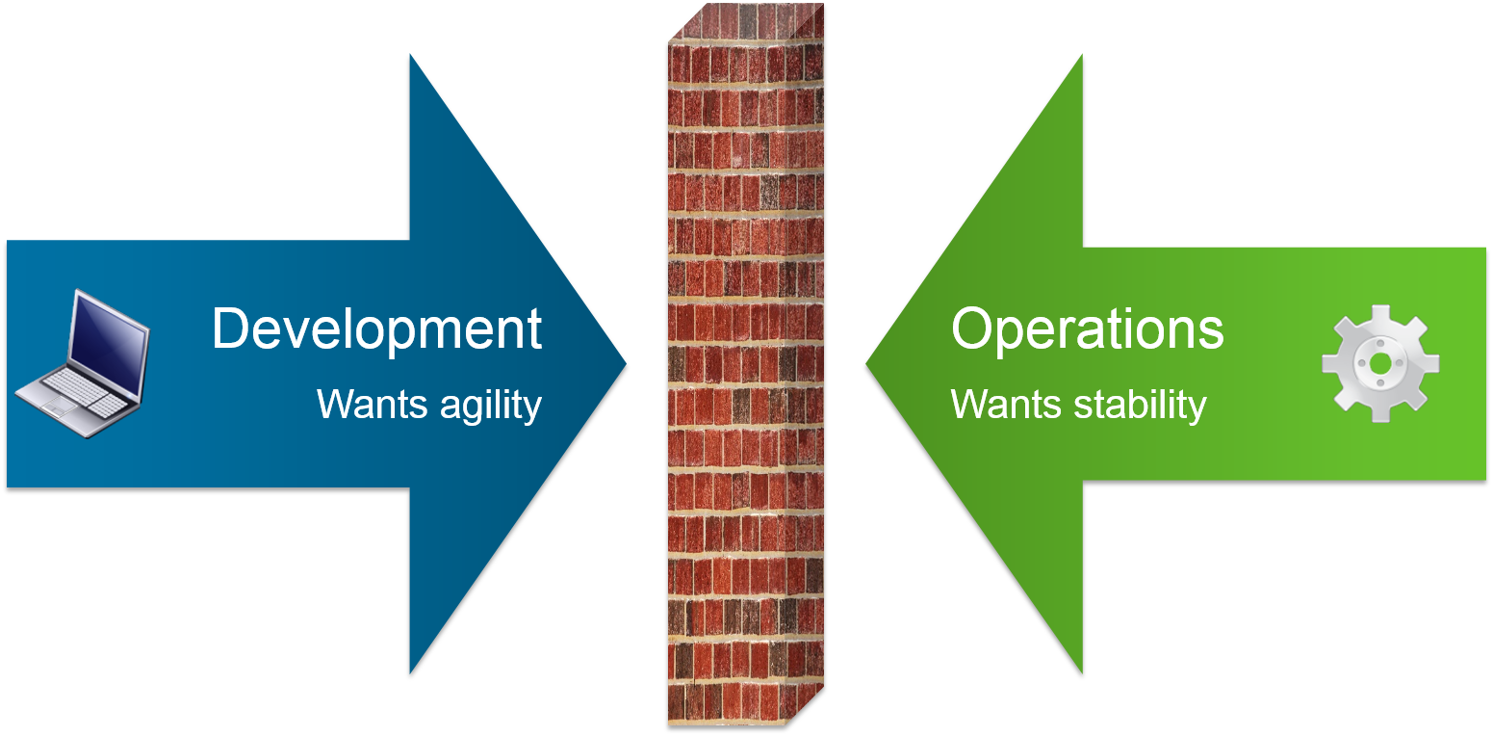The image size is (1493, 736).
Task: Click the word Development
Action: coord(376,329)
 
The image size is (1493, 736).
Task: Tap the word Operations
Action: coord(1087,329)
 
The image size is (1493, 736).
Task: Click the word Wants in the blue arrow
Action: coord(372,405)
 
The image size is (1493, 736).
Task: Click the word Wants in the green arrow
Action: coord(1006,405)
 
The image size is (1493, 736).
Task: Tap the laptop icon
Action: coord(83,363)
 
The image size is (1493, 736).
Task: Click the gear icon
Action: coord(1380,363)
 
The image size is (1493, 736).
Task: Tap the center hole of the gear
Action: coord(1380,363)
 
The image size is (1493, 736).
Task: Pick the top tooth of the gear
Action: coord(1380,315)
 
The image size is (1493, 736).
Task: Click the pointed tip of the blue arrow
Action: coord(626,363)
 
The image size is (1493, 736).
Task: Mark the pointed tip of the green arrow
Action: coord(866,363)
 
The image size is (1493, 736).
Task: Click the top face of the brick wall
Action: coord(747,21)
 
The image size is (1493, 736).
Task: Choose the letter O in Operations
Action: coord(972,329)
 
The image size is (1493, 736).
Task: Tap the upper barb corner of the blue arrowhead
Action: coord(411,56)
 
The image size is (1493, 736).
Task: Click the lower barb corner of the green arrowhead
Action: coord(1082,672)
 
